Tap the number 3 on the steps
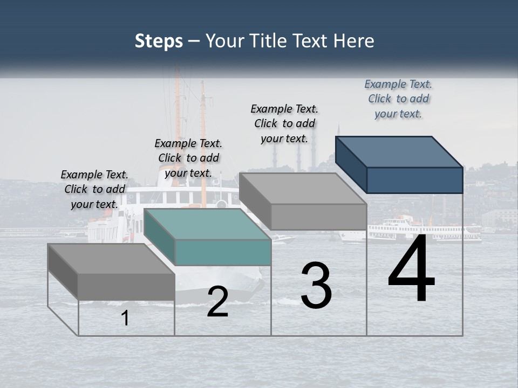point(316,286)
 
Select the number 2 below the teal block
point(217,302)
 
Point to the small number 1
point(125,318)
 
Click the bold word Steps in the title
point(159,41)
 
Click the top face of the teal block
point(208,224)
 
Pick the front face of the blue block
point(414,180)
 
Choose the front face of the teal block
point(223,252)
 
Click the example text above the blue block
point(398,99)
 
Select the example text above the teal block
point(188,158)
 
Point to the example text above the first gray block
point(94,190)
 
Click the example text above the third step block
point(284,123)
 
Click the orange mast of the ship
point(203,140)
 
